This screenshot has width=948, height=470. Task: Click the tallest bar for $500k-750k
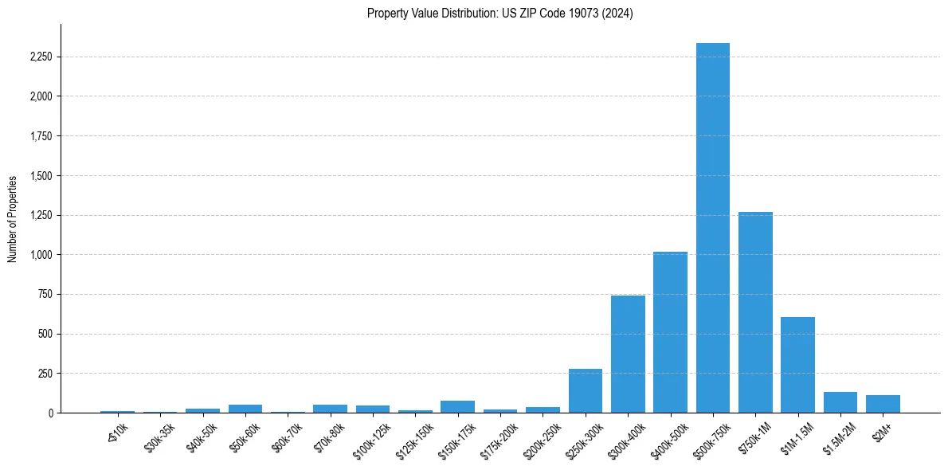[712, 228]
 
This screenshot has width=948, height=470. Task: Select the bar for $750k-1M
[755, 312]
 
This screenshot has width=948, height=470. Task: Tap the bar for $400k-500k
[670, 332]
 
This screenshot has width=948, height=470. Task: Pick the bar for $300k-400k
[628, 354]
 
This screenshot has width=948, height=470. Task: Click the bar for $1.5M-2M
[840, 402]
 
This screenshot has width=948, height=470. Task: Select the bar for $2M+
[883, 404]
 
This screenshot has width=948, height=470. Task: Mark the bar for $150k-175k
[457, 406]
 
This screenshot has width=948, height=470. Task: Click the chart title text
[500, 14]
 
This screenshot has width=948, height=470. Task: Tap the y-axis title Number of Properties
[13, 218]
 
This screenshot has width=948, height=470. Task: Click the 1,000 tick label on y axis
[41, 255]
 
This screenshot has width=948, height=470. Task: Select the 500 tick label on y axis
[45, 334]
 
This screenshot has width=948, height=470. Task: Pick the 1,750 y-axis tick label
[41, 136]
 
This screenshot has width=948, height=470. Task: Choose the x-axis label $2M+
[882, 430]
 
